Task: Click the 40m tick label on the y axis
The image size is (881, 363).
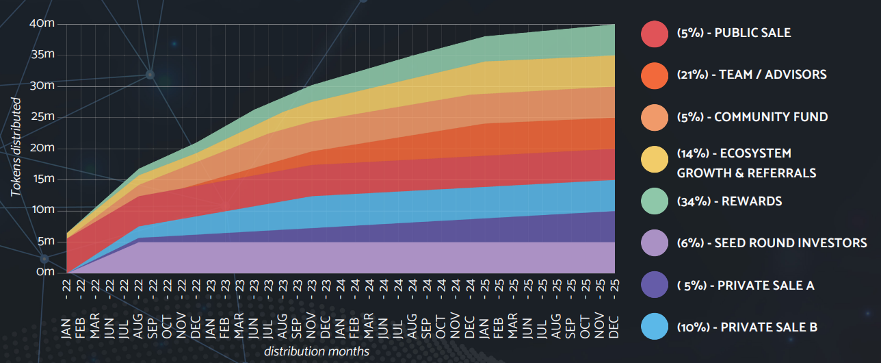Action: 42,23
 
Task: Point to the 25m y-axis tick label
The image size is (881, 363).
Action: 42,116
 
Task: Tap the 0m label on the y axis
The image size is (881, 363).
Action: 45,272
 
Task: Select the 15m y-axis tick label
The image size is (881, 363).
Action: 44,179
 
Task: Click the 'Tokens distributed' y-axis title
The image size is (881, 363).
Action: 16,147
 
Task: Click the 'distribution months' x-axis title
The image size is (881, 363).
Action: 317,351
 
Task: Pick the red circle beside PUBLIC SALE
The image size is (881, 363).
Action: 655,34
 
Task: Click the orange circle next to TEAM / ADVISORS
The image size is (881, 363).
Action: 655,75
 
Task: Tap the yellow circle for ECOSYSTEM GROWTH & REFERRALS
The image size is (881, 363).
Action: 655,160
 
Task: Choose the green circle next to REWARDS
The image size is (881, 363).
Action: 655,201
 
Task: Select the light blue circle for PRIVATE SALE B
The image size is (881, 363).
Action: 655,327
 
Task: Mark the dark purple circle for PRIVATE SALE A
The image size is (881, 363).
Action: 655,285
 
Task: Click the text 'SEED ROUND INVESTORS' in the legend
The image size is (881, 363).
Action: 791,243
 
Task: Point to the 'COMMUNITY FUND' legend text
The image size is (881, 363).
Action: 771,117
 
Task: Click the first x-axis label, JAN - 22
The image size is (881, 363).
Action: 66,309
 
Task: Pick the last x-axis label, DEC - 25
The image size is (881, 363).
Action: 614,309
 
